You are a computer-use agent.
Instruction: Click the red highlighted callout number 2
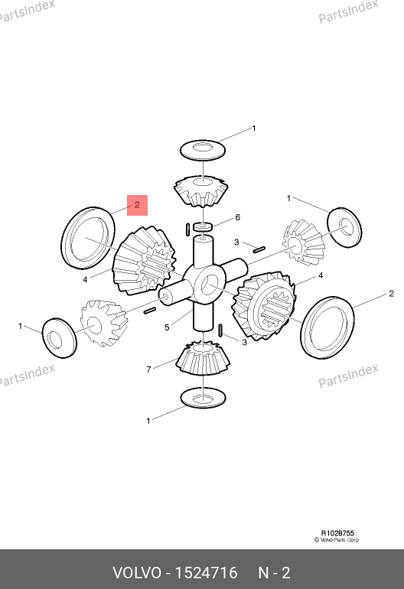coord(137,205)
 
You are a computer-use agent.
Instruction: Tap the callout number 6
coord(237,217)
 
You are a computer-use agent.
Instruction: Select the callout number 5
coord(167,327)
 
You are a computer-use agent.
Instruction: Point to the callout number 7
coord(149,369)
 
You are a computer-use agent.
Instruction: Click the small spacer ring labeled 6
coord(203,226)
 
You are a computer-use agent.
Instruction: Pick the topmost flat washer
coord(203,150)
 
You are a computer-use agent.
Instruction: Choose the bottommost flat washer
coord(203,398)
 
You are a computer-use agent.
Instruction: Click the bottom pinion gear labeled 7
coord(203,358)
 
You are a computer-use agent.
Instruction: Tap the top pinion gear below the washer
coord(201,190)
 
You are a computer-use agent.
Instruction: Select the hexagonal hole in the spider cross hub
coord(209,285)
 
